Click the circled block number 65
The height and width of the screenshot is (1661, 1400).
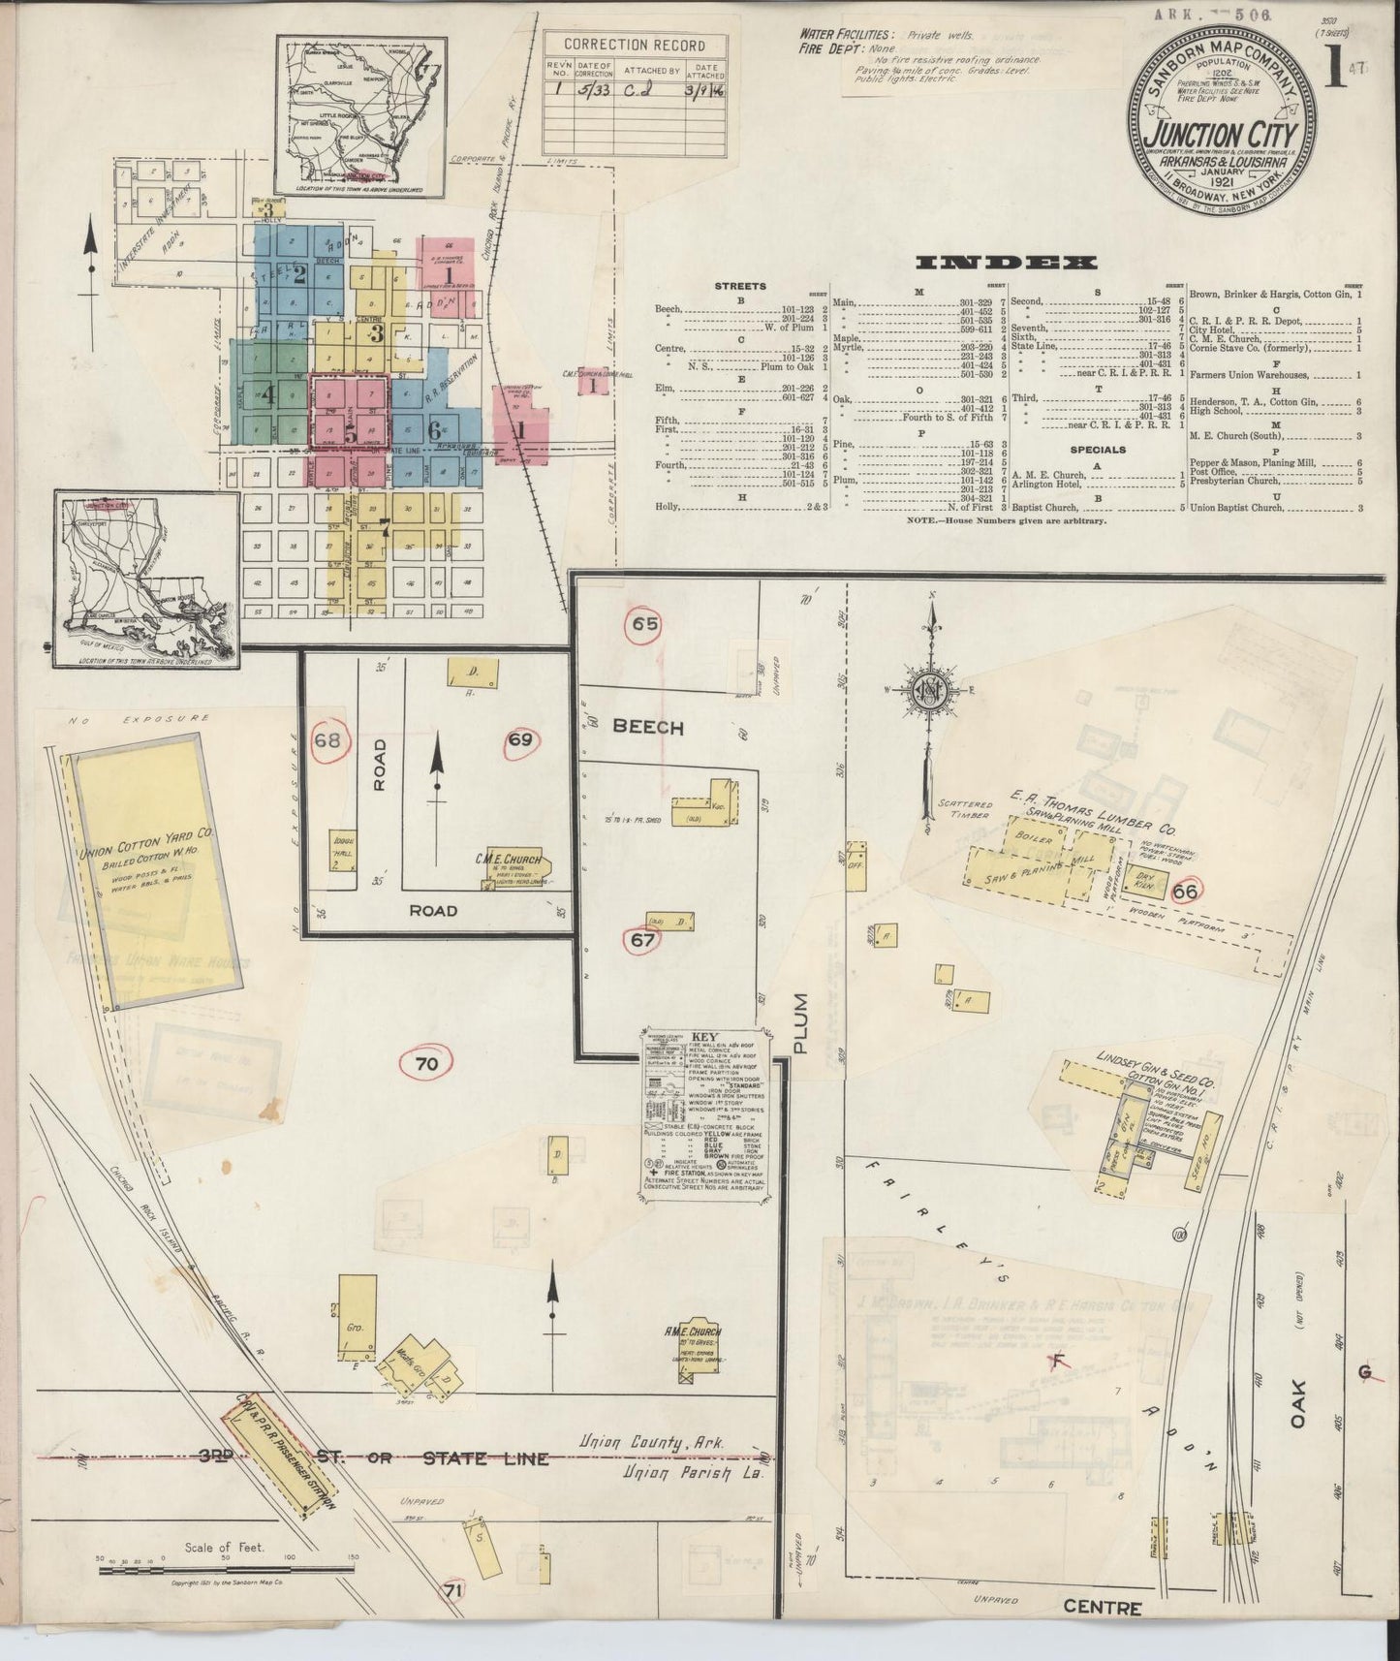tap(645, 624)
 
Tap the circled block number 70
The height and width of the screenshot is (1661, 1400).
tap(426, 1063)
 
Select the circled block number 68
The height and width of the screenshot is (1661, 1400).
tap(327, 741)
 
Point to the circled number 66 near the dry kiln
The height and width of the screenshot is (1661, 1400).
tap(1185, 891)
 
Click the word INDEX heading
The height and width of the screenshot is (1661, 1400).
tap(1006, 262)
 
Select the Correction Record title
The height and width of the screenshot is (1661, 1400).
tap(634, 45)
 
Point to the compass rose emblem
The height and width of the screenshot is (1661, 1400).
tap(932, 691)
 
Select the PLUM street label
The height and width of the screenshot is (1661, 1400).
tap(799, 1023)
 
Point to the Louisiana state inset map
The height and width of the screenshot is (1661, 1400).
tap(145, 579)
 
